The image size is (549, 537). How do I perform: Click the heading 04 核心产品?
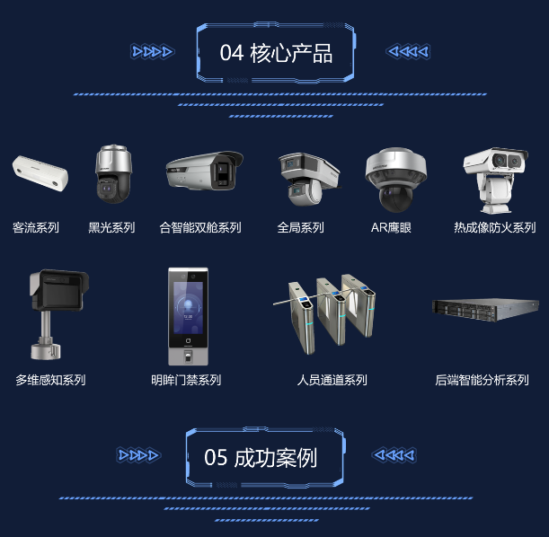coord(276,53)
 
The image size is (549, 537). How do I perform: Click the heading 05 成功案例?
coord(261,458)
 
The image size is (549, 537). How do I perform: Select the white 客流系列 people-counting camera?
coord(40,173)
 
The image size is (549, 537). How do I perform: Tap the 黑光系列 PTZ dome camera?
coord(113,174)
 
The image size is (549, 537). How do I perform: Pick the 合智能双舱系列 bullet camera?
coord(205,171)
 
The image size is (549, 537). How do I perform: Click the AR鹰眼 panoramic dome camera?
coord(396,180)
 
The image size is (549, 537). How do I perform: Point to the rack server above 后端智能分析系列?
coord(485,310)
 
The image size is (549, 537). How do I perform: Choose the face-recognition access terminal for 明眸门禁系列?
coord(188,317)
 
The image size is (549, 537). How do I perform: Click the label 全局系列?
coord(300,228)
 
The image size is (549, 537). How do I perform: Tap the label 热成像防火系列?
coord(495,228)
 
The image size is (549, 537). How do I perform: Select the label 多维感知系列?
coord(50,380)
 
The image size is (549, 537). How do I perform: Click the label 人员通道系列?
coord(332,380)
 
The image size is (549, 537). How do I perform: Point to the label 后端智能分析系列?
coord(482,380)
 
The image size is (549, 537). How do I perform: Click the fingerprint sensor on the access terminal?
coord(188,357)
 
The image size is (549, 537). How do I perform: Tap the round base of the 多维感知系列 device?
coord(46,350)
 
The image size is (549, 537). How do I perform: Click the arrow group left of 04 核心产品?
coord(153,52)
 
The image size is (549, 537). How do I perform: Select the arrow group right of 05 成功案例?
coord(394,455)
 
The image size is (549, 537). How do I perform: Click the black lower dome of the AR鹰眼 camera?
coord(396,198)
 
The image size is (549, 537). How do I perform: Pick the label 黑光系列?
coord(111,228)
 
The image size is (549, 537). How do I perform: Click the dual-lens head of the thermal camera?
coord(496,161)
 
